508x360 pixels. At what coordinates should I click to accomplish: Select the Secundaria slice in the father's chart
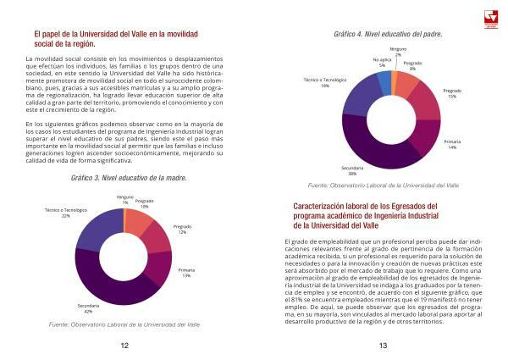tap(373, 144)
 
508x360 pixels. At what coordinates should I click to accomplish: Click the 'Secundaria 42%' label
tap(88, 307)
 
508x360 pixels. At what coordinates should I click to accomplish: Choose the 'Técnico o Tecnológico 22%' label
tap(65, 212)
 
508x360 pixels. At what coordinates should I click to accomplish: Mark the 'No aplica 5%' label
tap(382, 62)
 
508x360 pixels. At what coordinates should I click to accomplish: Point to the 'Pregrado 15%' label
tap(452, 93)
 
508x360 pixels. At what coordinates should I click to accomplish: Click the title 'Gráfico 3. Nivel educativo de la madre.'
tap(129, 179)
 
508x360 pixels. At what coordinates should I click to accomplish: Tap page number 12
tap(124, 345)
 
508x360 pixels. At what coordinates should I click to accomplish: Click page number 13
tap(383, 345)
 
